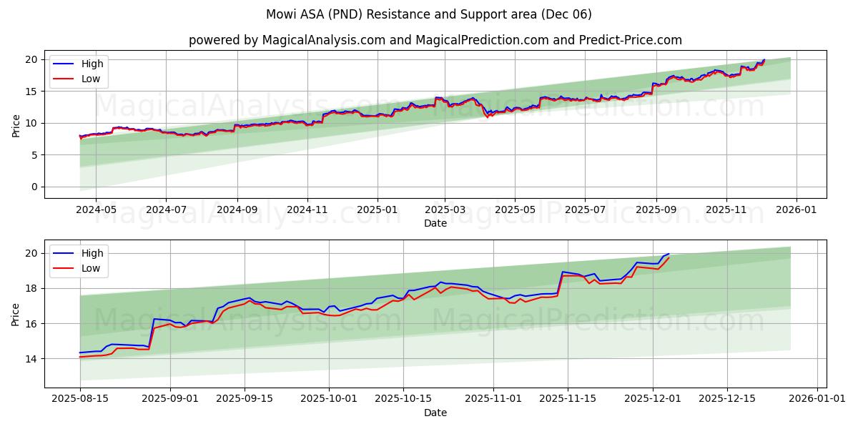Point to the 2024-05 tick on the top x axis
click(x=96, y=210)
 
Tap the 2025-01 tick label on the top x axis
click(x=377, y=210)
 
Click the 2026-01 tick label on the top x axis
click(x=796, y=210)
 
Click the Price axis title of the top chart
click(x=16, y=124)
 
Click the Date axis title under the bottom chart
click(x=435, y=413)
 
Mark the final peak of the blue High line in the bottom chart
click(x=669, y=253)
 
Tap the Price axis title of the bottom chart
click(x=16, y=314)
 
